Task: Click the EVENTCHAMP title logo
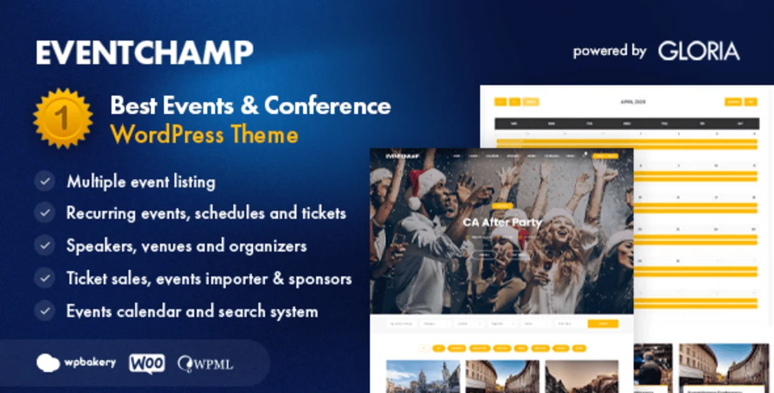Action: point(144,52)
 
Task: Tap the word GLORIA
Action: point(699,52)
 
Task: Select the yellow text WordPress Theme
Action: point(204,135)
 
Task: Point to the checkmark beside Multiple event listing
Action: point(45,182)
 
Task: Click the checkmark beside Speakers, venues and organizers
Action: point(45,245)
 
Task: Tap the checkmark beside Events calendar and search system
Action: point(45,311)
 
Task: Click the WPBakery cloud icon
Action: point(48,362)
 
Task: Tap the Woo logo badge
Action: point(147,362)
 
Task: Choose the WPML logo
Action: point(206,363)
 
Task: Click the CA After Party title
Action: point(502,222)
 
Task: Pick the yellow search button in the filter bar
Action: point(602,323)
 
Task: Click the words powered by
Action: point(610,52)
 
